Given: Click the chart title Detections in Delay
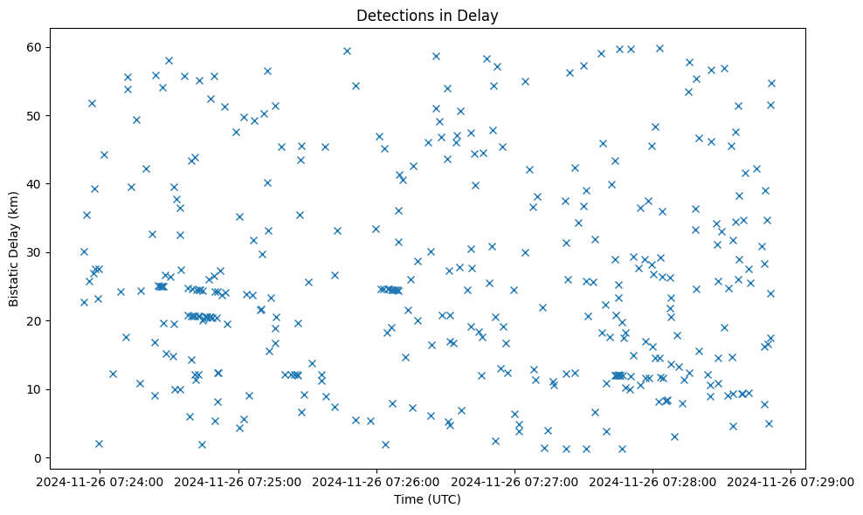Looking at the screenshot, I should (427, 15).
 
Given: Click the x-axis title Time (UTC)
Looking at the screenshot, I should (427, 499).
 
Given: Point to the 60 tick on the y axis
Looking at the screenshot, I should (45, 47).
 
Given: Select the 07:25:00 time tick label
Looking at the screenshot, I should (239, 481).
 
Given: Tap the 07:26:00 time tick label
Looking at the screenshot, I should (377, 481).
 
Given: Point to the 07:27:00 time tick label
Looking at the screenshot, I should (515, 481).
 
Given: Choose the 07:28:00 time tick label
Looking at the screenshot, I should (653, 481).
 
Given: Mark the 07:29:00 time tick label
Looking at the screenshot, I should (791, 481).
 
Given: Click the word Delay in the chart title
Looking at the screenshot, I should (479, 15).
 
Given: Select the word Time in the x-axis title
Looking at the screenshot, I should (408, 499).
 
